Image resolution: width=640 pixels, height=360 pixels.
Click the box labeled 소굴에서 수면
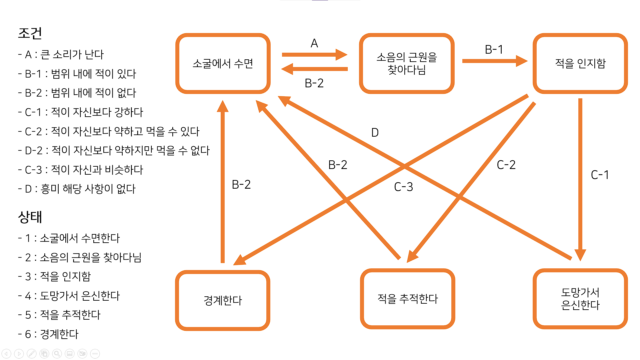(223, 63)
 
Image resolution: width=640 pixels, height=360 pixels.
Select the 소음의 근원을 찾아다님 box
(406, 63)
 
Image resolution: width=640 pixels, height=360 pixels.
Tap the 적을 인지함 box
(580, 63)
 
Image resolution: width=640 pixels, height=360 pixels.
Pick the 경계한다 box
(223, 300)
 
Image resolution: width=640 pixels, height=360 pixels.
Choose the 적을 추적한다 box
(407, 299)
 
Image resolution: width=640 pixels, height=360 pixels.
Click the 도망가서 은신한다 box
(580, 299)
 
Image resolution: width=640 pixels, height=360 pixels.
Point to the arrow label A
(314, 43)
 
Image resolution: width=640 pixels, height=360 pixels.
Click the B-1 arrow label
(494, 50)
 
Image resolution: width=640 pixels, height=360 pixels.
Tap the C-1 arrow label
(600, 175)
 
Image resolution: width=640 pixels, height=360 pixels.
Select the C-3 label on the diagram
(403, 187)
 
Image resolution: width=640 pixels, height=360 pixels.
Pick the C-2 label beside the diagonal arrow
(506, 165)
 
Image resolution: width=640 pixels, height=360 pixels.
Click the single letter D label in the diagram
(375, 133)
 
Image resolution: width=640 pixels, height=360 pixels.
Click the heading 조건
(30, 33)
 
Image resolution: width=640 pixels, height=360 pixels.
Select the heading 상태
(30, 217)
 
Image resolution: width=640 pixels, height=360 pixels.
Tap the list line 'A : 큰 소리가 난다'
(61, 54)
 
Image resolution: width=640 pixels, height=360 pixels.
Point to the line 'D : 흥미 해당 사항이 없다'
(77, 189)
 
